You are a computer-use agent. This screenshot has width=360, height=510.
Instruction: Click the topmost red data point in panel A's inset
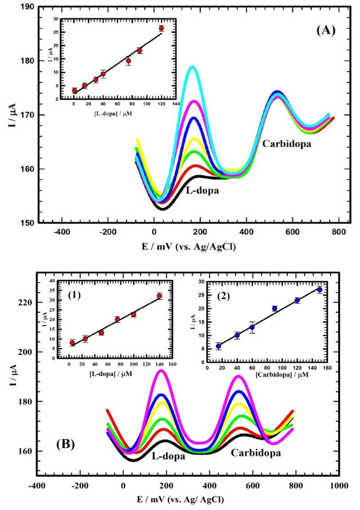point(161,28)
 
